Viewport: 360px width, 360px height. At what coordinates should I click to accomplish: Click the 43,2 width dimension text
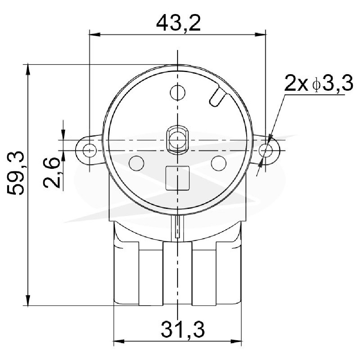[179, 23]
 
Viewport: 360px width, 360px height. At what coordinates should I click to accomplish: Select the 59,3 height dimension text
[15, 173]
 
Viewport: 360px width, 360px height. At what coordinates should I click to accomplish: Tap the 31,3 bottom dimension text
[183, 330]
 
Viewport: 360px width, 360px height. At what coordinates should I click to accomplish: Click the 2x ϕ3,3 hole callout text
[319, 84]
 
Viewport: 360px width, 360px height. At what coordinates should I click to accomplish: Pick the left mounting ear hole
[90, 151]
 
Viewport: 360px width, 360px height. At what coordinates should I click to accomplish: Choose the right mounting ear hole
[266, 151]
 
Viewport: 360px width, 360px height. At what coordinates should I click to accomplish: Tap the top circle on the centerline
[178, 93]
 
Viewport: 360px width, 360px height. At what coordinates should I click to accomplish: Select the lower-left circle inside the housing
[136, 163]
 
